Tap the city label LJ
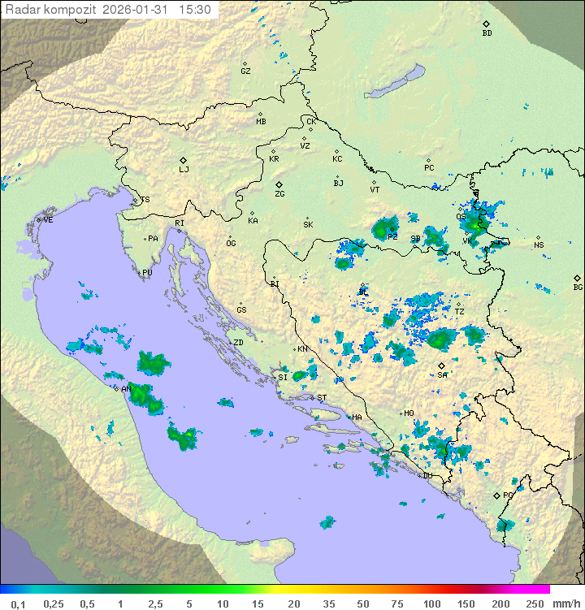click(184, 169)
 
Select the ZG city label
click(279, 194)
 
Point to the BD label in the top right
click(487, 33)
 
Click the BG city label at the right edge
click(578, 287)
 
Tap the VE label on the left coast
click(48, 219)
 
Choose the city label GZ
click(245, 71)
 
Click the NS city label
click(539, 244)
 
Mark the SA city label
click(442, 374)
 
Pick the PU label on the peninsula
click(147, 273)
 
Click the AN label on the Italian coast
click(126, 389)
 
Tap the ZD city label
click(238, 343)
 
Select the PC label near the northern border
click(429, 168)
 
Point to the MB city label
click(261, 121)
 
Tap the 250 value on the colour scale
click(534, 604)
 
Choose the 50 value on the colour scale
click(362, 604)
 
